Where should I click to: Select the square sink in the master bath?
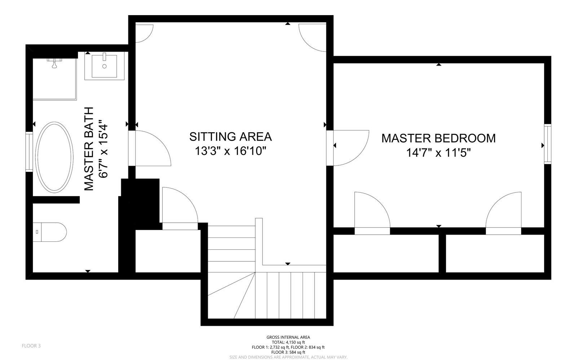(x=104, y=66)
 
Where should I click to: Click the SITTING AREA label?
(x=230, y=137)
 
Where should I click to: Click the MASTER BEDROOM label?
(x=439, y=138)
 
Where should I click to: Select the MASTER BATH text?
(x=89, y=148)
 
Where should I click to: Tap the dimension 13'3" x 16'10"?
(x=230, y=151)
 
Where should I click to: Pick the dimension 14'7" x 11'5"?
(x=439, y=153)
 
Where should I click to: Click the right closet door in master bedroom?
(x=504, y=213)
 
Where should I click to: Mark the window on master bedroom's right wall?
(x=547, y=144)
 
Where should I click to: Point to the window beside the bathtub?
(x=29, y=150)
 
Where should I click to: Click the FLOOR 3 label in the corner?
(x=31, y=346)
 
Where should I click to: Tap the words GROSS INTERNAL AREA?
(x=288, y=337)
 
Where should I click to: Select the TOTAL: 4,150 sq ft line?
(x=288, y=342)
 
